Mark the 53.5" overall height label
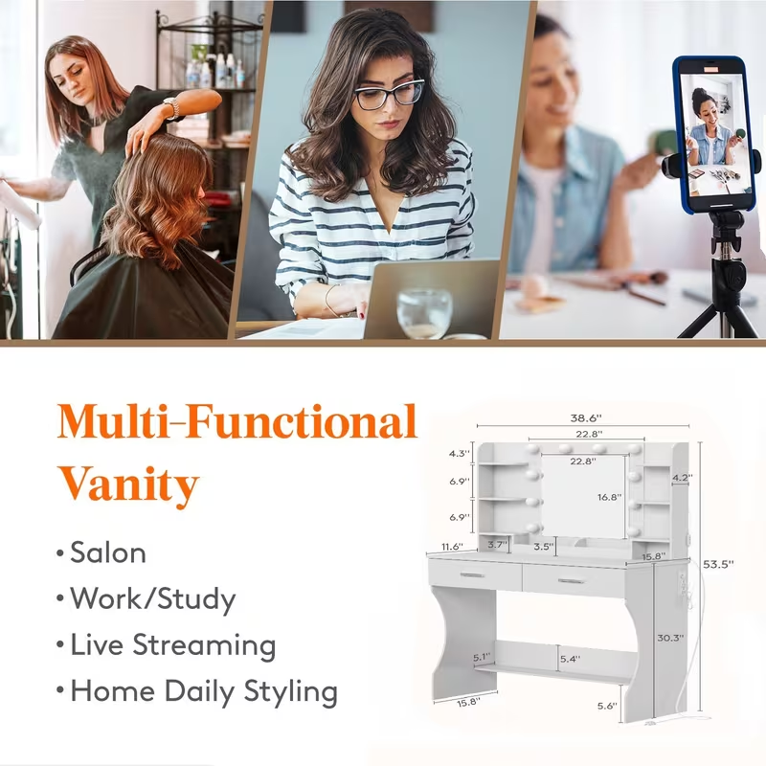717,564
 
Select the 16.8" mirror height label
610,497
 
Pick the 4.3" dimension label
462,454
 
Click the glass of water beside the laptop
423,313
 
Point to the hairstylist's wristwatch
172,107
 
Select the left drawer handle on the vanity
471,574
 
